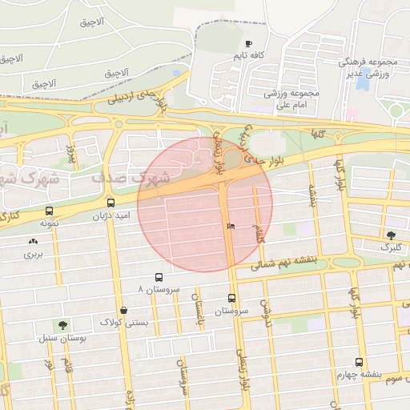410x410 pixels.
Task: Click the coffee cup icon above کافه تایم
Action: tap(248, 44)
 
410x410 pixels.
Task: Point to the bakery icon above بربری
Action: tap(32, 241)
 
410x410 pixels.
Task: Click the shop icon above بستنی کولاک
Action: tap(123, 310)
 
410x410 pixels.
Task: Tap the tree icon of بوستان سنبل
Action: tap(62, 324)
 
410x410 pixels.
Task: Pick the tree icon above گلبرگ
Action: tap(391, 235)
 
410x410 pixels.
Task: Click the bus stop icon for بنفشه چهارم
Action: tap(359, 362)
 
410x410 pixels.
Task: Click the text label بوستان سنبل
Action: tap(62, 337)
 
